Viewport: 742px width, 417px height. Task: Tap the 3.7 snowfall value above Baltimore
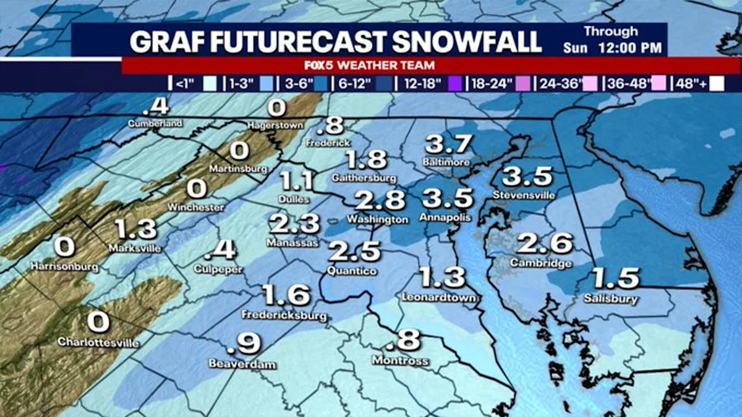click(448, 145)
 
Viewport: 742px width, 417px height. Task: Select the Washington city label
click(377, 219)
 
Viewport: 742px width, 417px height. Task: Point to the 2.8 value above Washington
click(380, 201)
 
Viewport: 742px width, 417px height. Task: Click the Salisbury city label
click(610, 299)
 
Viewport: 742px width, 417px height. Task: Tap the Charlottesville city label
click(98, 342)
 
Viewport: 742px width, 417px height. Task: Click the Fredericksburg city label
click(285, 316)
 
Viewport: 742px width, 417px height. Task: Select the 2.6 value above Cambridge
click(545, 244)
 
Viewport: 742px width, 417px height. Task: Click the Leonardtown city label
click(440, 298)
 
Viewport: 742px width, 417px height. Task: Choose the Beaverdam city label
click(242, 364)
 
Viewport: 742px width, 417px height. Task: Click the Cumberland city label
click(155, 124)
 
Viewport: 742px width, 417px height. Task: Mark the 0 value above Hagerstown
click(276, 109)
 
